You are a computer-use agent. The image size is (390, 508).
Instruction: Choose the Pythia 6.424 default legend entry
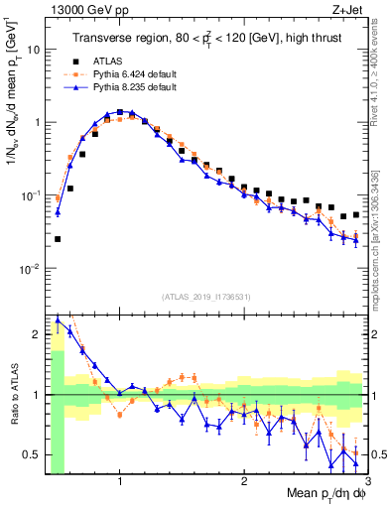tap(139, 73)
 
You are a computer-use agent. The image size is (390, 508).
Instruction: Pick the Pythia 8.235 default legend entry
tap(139, 87)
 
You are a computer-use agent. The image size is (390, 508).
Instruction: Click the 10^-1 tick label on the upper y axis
tap(30, 195)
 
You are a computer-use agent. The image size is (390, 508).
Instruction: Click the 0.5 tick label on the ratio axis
tap(32, 454)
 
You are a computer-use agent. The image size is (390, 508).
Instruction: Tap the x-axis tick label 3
tap(366, 483)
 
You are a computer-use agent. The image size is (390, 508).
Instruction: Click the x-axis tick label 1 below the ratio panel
tap(120, 483)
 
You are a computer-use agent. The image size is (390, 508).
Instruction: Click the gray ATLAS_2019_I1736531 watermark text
tap(206, 297)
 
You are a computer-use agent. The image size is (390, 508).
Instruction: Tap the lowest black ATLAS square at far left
tap(58, 239)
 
